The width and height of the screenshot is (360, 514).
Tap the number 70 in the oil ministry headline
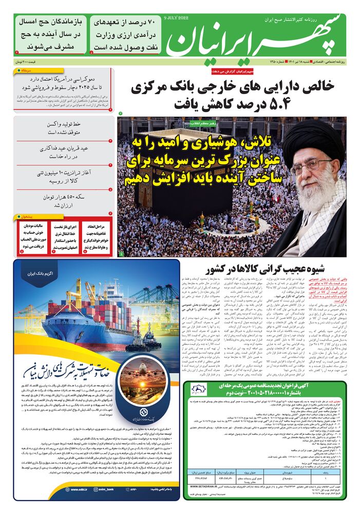(151, 22)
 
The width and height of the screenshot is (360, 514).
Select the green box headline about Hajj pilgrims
(48, 34)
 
